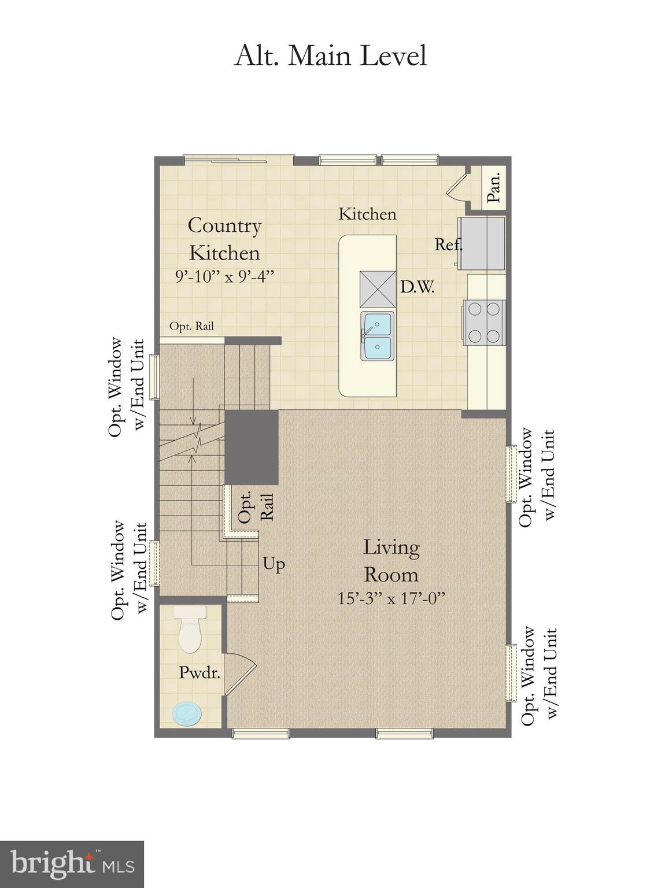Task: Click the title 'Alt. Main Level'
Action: pos(330,56)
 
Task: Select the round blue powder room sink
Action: pos(189,713)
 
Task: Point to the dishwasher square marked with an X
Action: pos(378,289)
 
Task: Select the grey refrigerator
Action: pos(482,243)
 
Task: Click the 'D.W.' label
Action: pos(417,287)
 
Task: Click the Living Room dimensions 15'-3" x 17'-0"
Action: pos(391,598)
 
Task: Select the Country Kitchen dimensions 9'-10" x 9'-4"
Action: pos(224,276)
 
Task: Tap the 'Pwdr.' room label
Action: pos(200,672)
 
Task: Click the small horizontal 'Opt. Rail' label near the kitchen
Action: pos(191,326)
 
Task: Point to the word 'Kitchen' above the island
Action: pos(367,214)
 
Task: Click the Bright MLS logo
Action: pos(72,864)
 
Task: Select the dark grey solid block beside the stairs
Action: pos(252,447)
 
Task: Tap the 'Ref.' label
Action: pos(448,245)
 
